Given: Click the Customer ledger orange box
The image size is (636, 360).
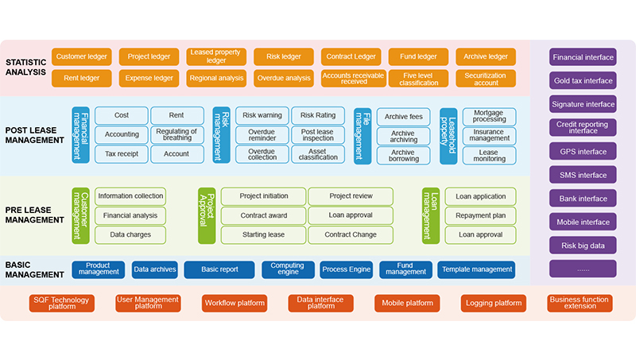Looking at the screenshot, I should click(81, 57).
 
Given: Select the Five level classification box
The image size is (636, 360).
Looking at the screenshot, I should click(418, 78).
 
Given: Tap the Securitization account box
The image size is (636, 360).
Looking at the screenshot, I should click(486, 78).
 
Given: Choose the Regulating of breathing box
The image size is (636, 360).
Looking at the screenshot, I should click(176, 134).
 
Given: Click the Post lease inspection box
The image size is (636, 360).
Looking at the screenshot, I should click(318, 134).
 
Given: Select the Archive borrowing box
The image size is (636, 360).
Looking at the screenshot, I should click(403, 153).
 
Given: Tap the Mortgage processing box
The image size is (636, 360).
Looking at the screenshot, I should click(489, 116).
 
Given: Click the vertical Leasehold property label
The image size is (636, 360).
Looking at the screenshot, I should click(448, 135).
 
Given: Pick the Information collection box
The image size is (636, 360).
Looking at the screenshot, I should click(130, 195).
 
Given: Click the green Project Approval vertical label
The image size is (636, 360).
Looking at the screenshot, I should click(206, 215).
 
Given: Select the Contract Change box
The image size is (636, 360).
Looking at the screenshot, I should click(351, 234).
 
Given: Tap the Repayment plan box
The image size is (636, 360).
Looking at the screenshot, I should click(480, 215).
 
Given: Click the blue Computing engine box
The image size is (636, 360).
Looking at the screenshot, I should click(288, 269).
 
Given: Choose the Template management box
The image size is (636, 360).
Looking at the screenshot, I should click(476, 269).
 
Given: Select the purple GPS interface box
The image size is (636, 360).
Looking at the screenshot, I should click(583, 152).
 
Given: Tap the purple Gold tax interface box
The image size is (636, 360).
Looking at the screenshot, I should click(583, 80).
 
